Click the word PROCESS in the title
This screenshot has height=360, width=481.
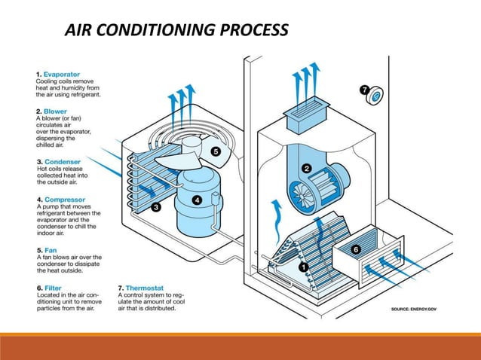coord(254,30)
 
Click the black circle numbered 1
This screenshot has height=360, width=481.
coord(304,267)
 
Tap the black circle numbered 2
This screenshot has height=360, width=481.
coord(306,168)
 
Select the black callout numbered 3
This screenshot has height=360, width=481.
coord(156,207)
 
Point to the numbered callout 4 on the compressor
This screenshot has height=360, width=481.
coord(197,200)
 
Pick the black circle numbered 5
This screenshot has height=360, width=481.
coord(216,151)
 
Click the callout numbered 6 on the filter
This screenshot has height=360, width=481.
coord(356,249)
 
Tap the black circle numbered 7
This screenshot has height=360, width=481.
coord(364,90)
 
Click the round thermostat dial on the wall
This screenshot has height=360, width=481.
coord(375,96)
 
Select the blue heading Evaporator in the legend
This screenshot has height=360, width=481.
coord(62,75)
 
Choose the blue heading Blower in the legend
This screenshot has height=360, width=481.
coord(55,111)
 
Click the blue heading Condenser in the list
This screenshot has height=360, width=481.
coord(63,162)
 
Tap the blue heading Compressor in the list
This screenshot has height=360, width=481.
coord(65,200)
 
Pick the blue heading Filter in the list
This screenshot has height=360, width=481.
coord(53,288)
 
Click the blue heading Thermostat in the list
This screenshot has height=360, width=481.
coord(145,288)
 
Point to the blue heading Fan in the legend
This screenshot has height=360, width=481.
coord(51,250)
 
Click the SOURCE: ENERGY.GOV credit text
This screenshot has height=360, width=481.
coord(414,309)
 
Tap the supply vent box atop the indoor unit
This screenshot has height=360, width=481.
coord(306,115)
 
